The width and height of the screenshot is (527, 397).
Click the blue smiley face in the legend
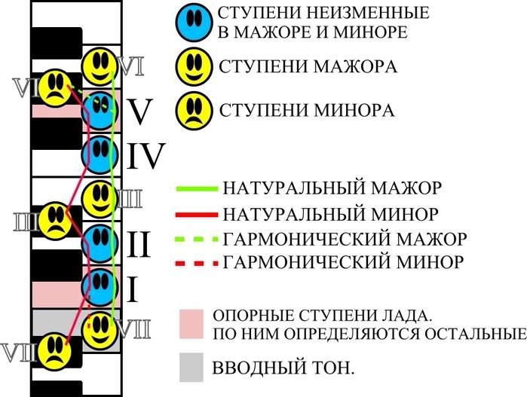coord(192,23)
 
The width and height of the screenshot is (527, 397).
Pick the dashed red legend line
coord(197,263)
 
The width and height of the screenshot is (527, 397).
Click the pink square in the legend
coord(192,322)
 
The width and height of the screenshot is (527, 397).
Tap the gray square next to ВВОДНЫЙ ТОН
coord(192,367)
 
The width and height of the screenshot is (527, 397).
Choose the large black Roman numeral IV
coord(146,156)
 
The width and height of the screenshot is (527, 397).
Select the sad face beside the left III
coord(54,218)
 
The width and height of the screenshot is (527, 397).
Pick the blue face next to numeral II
coord(99,242)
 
